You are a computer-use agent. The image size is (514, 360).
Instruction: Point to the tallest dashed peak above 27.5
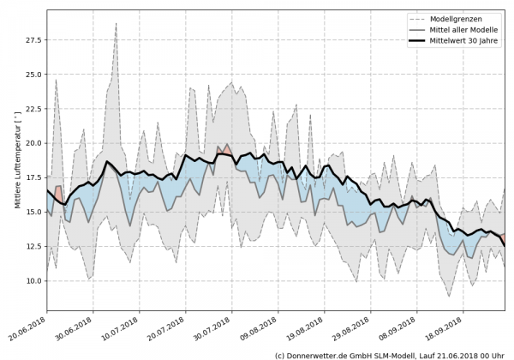116,24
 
